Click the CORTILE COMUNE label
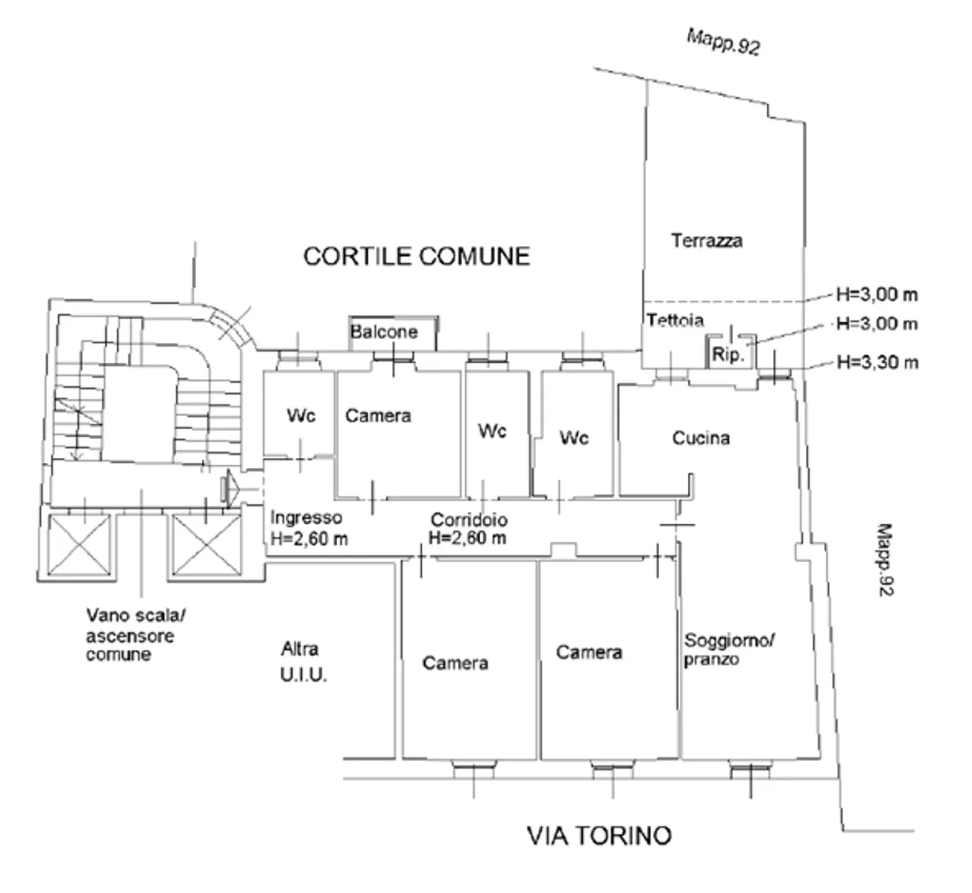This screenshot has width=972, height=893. pyautogui.click(x=416, y=257)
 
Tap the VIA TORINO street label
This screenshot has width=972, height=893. pyautogui.click(x=599, y=835)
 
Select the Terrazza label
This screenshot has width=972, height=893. pyautogui.click(x=706, y=241)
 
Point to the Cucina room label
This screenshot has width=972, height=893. pyautogui.click(x=700, y=438)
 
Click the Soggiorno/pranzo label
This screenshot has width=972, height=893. pyautogui.click(x=728, y=649)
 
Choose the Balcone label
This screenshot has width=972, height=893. pyautogui.click(x=383, y=332)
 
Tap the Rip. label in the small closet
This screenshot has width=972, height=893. pyautogui.click(x=727, y=355)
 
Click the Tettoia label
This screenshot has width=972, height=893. pyautogui.click(x=675, y=320)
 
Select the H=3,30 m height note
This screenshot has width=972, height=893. pyautogui.click(x=877, y=362)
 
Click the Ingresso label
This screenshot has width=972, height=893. pyautogui.click(x=306, y=518)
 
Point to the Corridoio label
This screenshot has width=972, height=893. pyautogui.click(x=469, y=520)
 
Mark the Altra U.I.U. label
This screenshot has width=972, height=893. pyautogui.click(x=303, y=661)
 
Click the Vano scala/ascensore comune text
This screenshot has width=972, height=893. pyautogui.click(x=130, y=635)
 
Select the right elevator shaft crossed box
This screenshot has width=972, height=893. pyautogui.click(x=204, y=545)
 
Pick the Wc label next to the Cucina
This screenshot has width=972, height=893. pyautogui.click(x=573, y=438)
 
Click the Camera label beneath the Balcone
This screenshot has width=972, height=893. pyautogui.click(x=378, y=416)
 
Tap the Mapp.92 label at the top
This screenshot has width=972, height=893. pyautogui.click(x=723, y=42)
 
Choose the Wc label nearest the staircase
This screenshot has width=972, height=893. pyautogui.click(x=301, y=416)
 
